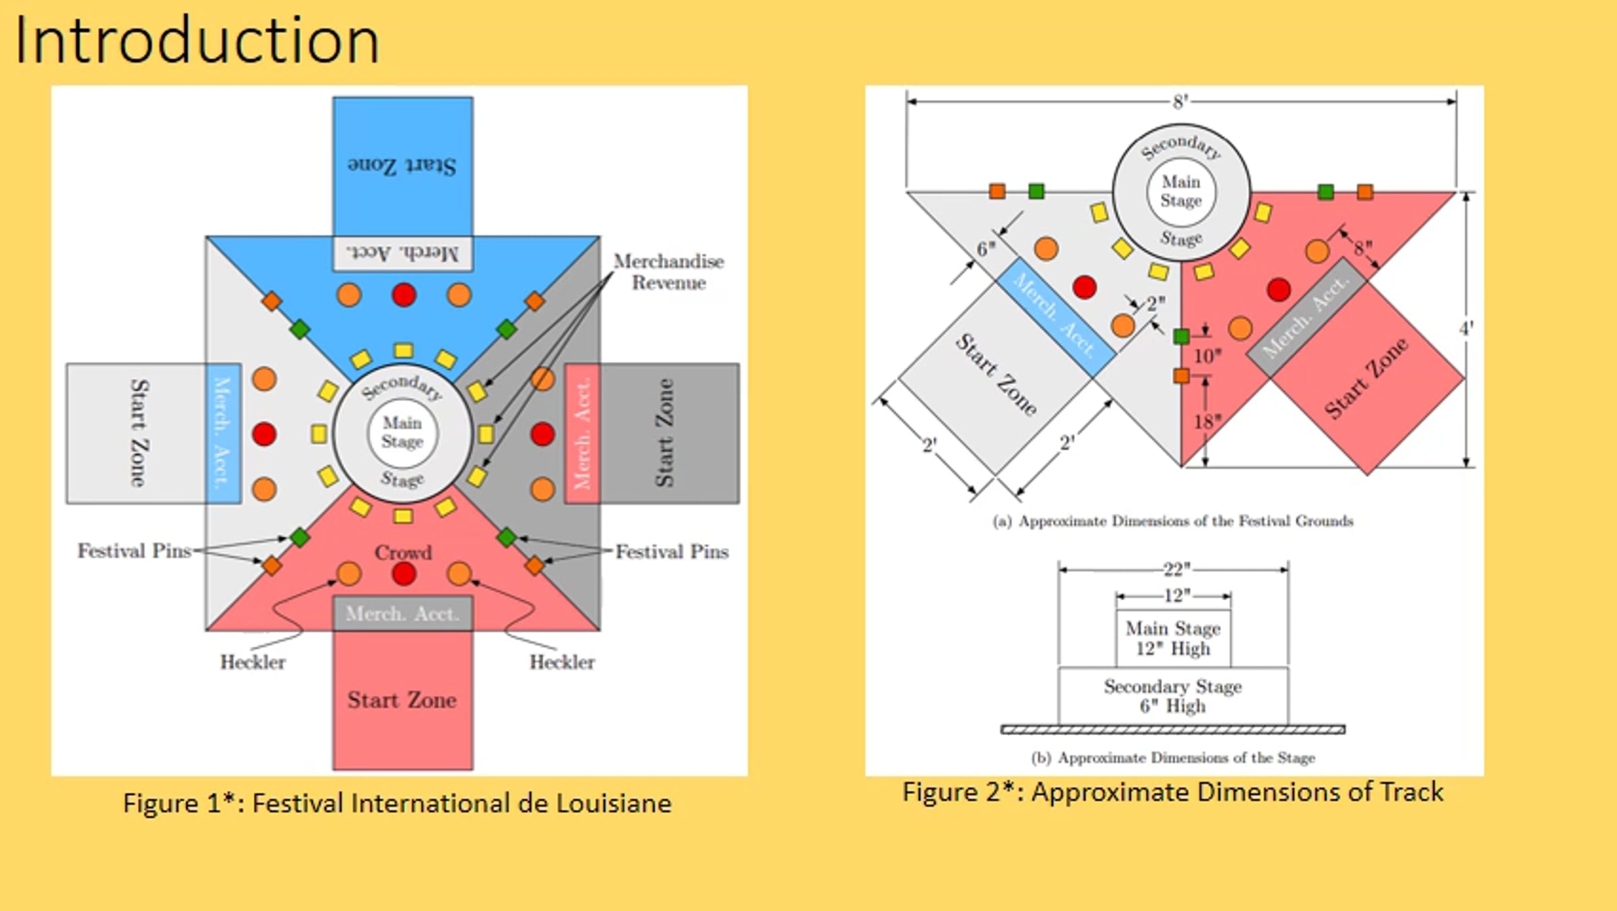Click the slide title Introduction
(x=197, y=42)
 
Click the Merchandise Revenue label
(x=668, y=272)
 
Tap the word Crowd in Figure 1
(x=403, y=553)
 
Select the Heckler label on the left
(x=253, y=662)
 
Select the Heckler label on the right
(x=562, y=662)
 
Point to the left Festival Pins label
(x=134, y=551)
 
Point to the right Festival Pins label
(x=672, y=552)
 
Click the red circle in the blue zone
(x=404, y=294)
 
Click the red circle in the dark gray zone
(x=542, y=434)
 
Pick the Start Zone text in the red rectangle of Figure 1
(x=402, y=700)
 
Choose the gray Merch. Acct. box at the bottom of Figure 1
(x=403, y=613)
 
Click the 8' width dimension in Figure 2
(x=1180, y=102)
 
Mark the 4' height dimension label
(x=1466, y=329)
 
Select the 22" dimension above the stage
(x=1176, y=570)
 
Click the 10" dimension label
(x=1207, y=356)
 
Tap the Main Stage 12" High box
(x=1173, y=638)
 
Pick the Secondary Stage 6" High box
(x=1173, y=696)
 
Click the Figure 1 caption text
(x=397, y=803)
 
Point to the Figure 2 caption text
(x=1173, y=792)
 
